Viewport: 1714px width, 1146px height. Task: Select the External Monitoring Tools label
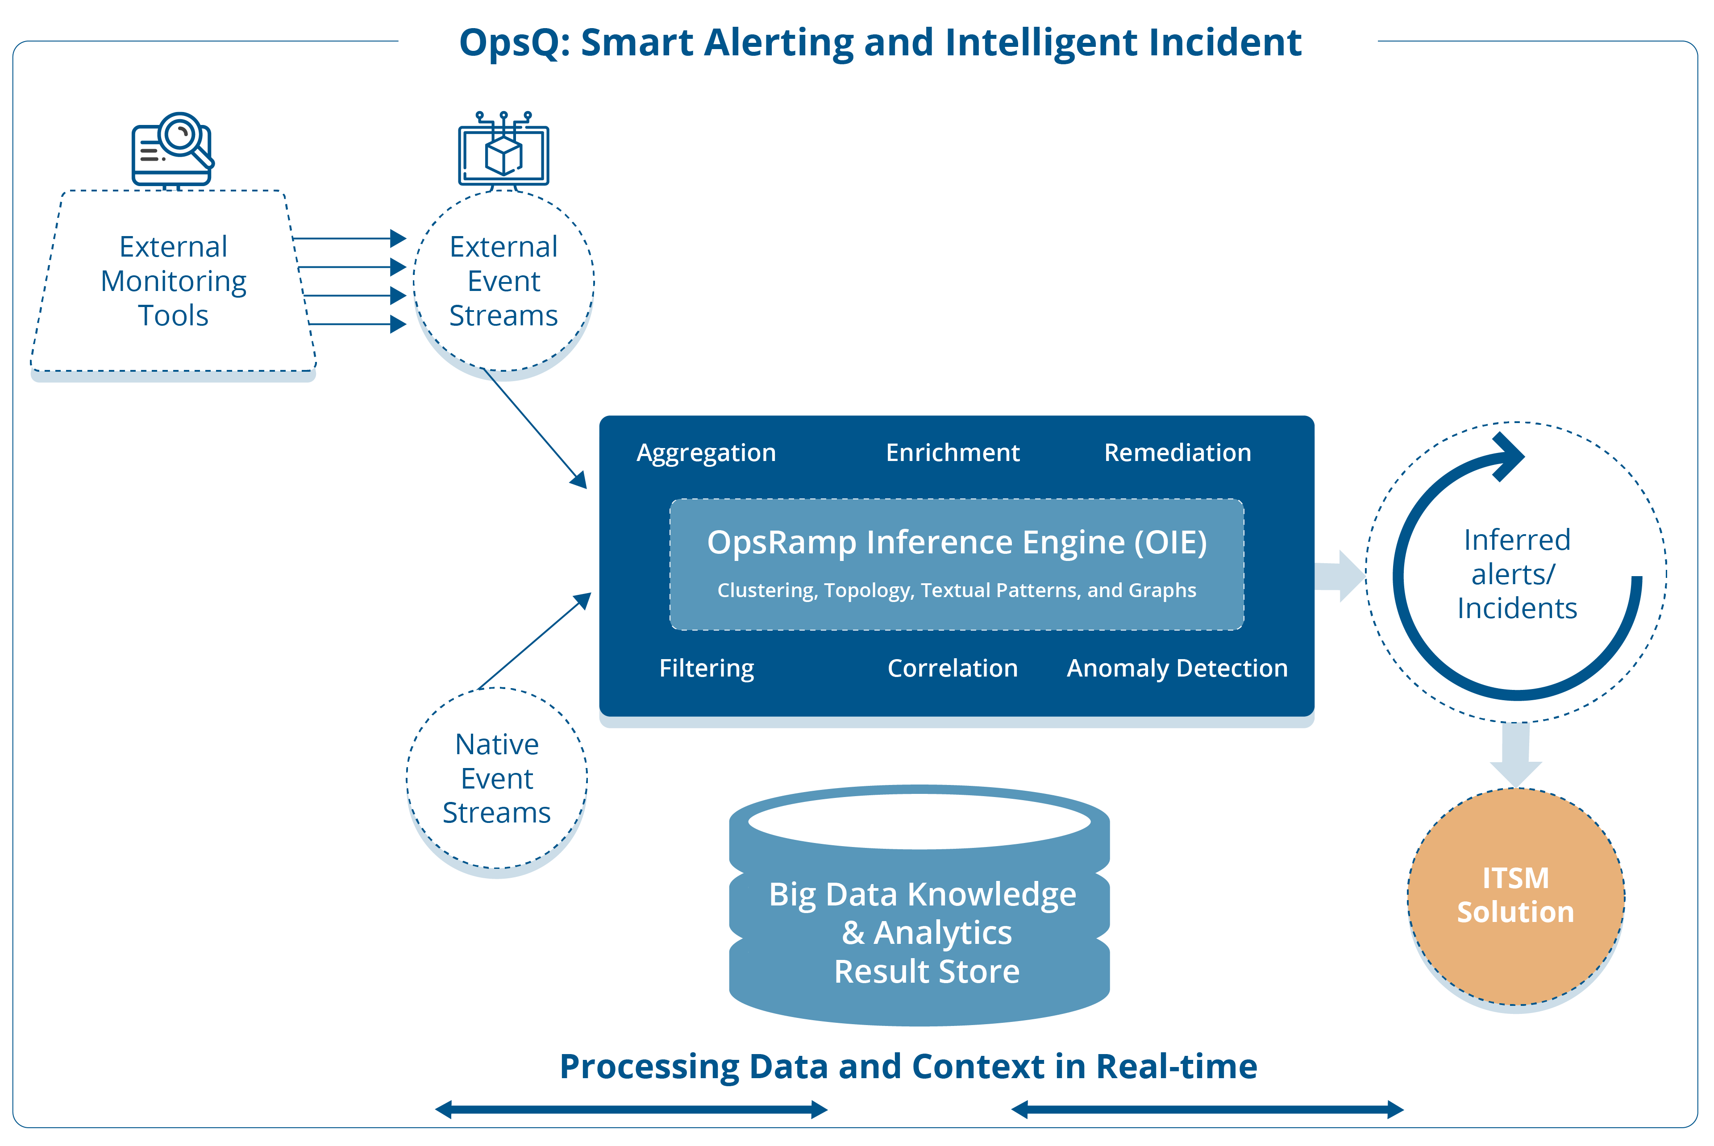pos(173,281)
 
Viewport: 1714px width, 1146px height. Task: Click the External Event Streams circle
pos(503,282)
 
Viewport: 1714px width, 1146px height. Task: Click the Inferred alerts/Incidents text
pos(1517,574)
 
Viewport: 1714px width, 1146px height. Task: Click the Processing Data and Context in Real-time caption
pos(908,1066)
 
